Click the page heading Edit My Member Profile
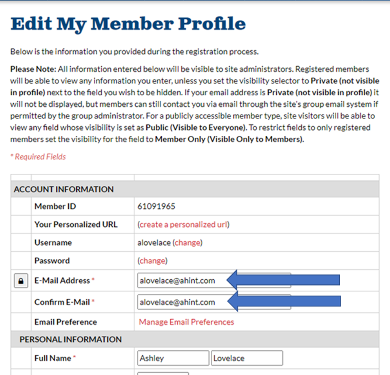click(x=128, y=24)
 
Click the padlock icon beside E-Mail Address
click(x=21, y=281)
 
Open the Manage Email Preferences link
click(x=186, y=322)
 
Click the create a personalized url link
click(x=184, y=225)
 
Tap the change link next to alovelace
click(x=188, y=243)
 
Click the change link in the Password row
click(x=152, y=261)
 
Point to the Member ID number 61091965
click(x=156, y=206)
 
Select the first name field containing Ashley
click(x=173, y=358)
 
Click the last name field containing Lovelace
click(x=246, y=358)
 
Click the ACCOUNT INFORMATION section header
click(x=64, y=189)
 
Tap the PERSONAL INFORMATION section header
click(x=71, y=339)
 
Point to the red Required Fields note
click(x=38, y=157)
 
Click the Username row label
click(x=53, y=243)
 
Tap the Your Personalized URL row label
click(x=76, y=225)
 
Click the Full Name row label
click(x=53, y=358)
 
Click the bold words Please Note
click(x=33, y=69)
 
